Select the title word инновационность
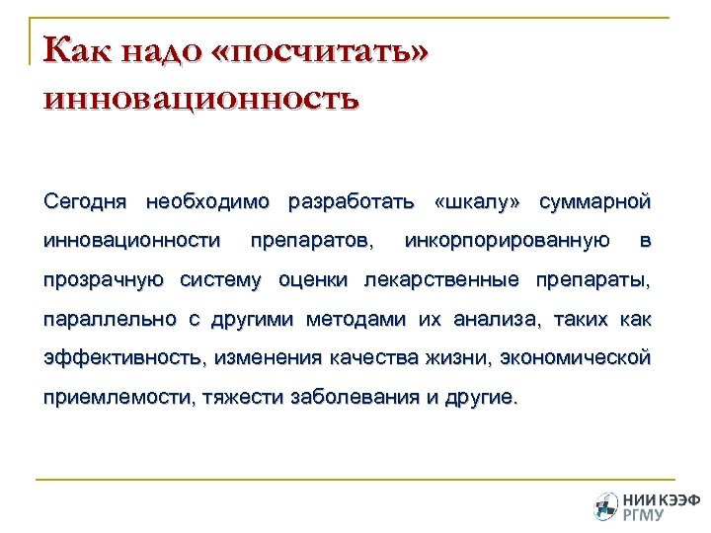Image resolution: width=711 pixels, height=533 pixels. coord(201,99)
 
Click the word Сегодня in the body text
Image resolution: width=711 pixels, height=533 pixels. coord(86,202)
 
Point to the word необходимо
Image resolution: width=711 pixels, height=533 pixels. coord(207,202)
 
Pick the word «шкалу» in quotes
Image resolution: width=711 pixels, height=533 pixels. coord(476,202)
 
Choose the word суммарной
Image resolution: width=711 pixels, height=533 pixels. coord(595,202)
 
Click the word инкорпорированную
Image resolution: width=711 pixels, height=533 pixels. coord(507,241)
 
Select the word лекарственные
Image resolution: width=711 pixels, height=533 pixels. coord(441,280)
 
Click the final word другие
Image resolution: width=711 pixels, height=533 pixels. coord(481,398)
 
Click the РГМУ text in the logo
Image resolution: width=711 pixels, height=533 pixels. coord(644,514)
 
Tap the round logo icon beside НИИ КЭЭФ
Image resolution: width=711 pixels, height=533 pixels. coord(605,506)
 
